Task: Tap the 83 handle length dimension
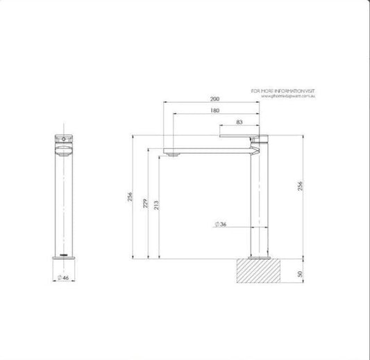(x=239, y=122)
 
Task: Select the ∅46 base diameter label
(x=62, y=277)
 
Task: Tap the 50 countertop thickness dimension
(x=301, y=275)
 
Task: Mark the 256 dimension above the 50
(x=301, y=187)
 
